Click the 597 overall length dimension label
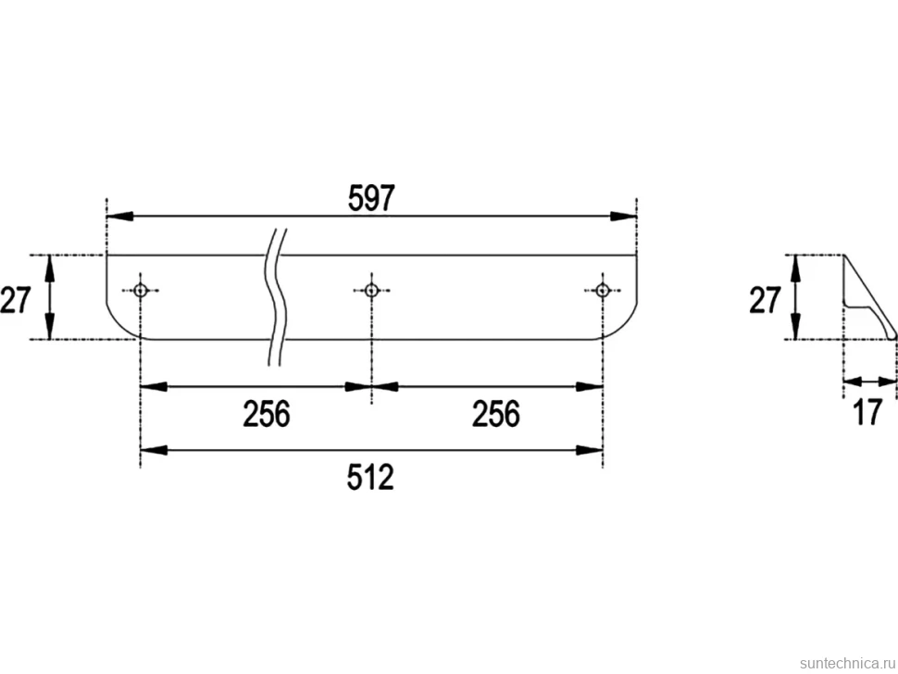pyautogui.click(x=371, y=198)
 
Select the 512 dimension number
pyautogui.click(x=370, y=477)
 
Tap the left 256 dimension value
pyautogui.click(x=267, y=414)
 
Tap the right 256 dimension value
pyautogui.click(x=496, y=414)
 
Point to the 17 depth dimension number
pyautogui.click(x=868, y=412)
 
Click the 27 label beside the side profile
pyautogui.click(x=765, y=300)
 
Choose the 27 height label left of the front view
pyautogui.click(x=16, y=300)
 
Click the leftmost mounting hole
pyautogui.click(x=141, y=291)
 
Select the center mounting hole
pyautogui.click(x=371, y=291)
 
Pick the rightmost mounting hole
pyautogui.click(x=603, y=291)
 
